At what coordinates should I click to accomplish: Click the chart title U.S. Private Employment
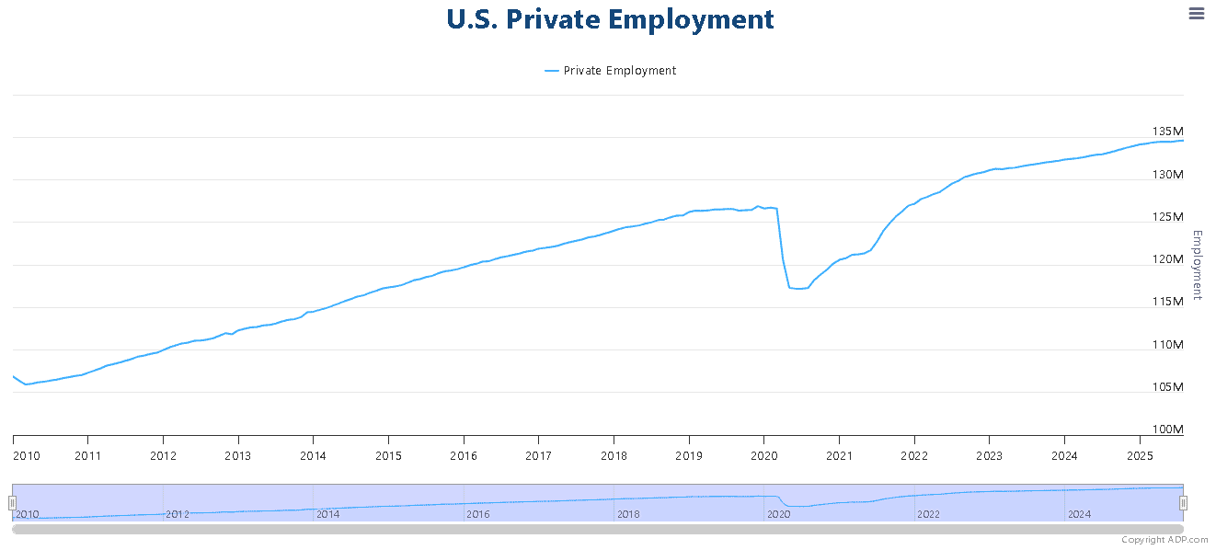click(610, 19)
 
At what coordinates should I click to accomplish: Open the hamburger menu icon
click(1197, 14)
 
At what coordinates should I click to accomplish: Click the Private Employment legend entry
click(610, 71)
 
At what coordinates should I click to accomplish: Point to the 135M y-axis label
click(1167, 132)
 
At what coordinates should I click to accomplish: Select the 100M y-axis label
click(1167, 430)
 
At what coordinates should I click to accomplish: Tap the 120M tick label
click(1167, 259)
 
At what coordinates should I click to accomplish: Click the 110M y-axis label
click(1167, 345)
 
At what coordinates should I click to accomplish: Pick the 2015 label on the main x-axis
click(389, 456)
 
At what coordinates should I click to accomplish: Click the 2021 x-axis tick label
click(839, 456)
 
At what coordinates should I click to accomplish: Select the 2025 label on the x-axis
click(1140, 456)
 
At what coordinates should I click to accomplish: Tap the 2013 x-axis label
click(238, 456)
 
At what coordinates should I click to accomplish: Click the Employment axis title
click(1197, 265)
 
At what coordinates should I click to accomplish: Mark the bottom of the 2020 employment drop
click(799, 288)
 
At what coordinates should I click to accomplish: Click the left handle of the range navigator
click(12, 503)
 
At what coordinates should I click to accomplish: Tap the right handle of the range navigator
click(1184, 503)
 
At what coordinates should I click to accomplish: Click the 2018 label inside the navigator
click(628, 514)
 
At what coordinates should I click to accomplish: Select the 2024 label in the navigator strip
click(1079, 514)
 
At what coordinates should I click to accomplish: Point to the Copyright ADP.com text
click(1164, 540)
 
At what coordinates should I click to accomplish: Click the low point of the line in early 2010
click(26, 384)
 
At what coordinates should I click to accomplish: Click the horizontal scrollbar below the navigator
click(598, 530)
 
